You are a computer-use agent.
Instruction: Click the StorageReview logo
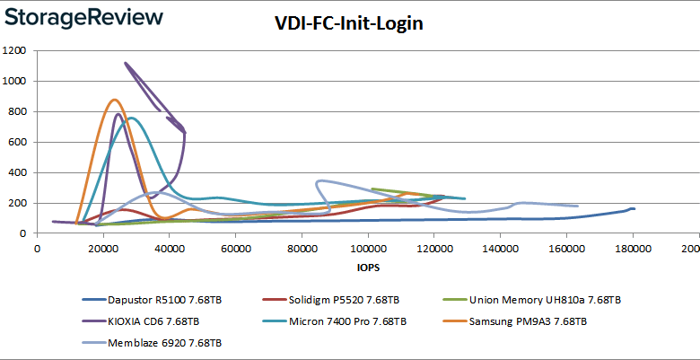pos(83,17)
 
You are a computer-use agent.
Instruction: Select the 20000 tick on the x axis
pos(103,248)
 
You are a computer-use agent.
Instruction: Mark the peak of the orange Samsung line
pos(114,100)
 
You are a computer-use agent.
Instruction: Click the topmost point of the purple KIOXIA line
pos(125,63)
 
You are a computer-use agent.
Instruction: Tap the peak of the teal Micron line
pos(131,118)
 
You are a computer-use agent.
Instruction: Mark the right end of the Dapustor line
pos(634,209)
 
